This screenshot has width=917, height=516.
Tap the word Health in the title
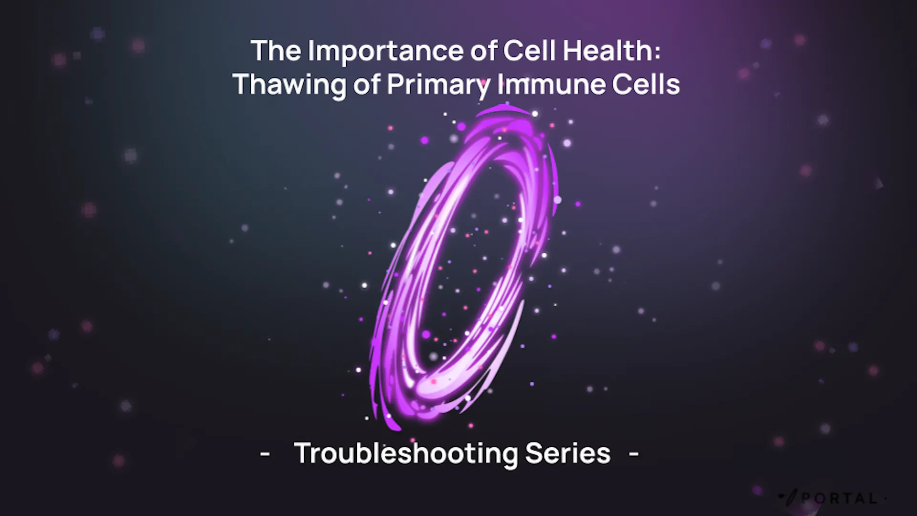[x=608, y=50]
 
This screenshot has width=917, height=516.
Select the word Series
[x=568, y=452]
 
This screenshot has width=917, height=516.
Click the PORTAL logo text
[x=840, y=498]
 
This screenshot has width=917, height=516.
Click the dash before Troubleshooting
[x=265, y=453]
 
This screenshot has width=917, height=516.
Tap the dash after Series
[x=634, y=453]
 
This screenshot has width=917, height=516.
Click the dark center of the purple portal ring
[x=470, y=268]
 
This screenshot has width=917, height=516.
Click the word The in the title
[x=277, y=50]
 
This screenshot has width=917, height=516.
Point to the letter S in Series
[x=534, y=452]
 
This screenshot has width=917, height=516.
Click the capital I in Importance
[x=311, y=51]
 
